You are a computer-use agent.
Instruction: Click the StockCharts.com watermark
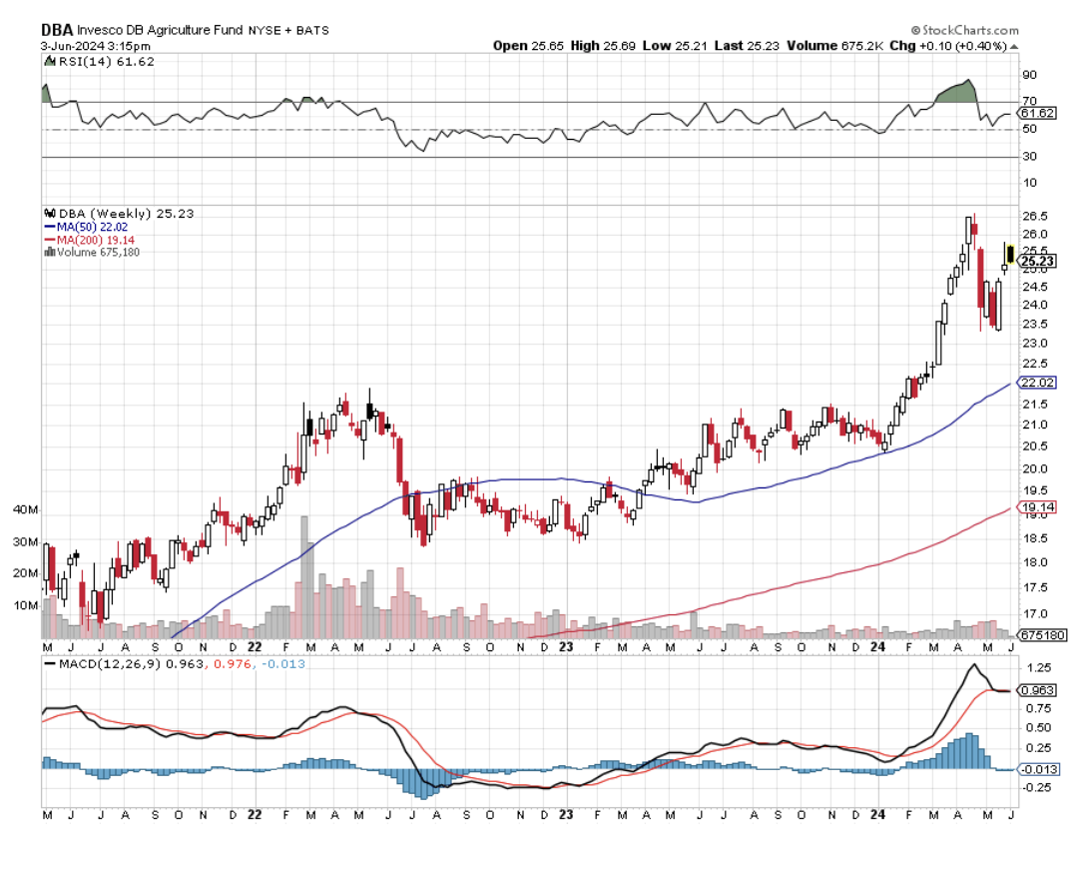pyautogui.click(x=965, y=31)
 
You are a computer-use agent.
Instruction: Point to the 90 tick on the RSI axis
pyautogui.click(x=1027, y=75)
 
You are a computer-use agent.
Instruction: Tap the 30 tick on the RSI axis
pyautogui.click(x=1027, y=157)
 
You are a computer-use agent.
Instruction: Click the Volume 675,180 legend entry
pyautogui.click(x=94, y=252)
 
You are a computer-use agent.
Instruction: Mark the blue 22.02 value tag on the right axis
pyautogui.click(x=1035, y=383)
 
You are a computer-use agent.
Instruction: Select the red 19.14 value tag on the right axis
pyautogui.click(x=1035, y=507)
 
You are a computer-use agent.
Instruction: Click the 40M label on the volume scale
pyautogui.click(x=25, y=510)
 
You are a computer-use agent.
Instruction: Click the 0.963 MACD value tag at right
pyautogui.click(x=1037, y=690)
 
